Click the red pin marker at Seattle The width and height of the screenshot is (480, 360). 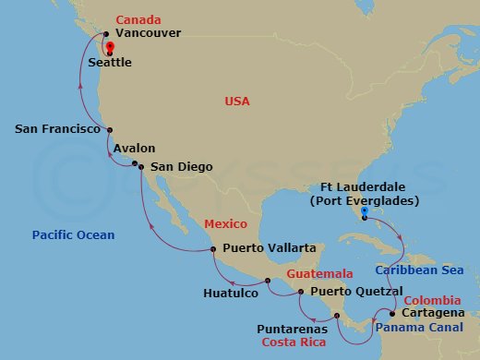pos(110,48)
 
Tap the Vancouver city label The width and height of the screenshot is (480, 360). pos(149,33)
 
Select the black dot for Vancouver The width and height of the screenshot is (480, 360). pos(106,35)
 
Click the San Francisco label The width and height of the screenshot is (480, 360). pos(58,130)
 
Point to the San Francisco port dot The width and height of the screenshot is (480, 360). pos(110,130)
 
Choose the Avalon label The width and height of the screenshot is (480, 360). pos(135,148)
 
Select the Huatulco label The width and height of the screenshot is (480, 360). pos(230,294)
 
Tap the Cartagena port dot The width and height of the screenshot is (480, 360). pos(392,314)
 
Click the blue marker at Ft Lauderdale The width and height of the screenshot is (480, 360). pos(366,212)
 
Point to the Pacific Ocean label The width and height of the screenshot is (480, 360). pos(73,235)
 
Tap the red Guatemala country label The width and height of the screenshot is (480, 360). pos(319,275)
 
